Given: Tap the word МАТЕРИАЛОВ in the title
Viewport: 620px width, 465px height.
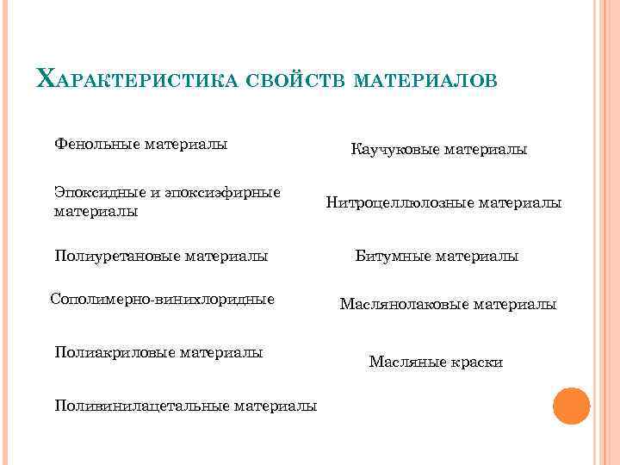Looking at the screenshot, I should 425,82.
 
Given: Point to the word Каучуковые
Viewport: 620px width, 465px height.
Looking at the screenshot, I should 394,150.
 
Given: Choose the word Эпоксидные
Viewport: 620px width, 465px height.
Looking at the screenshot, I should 93,191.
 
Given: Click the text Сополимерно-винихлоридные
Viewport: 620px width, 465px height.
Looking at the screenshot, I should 163,300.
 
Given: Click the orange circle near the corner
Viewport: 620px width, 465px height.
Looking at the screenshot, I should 571,405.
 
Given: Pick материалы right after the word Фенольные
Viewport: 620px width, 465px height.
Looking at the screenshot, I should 185,144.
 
